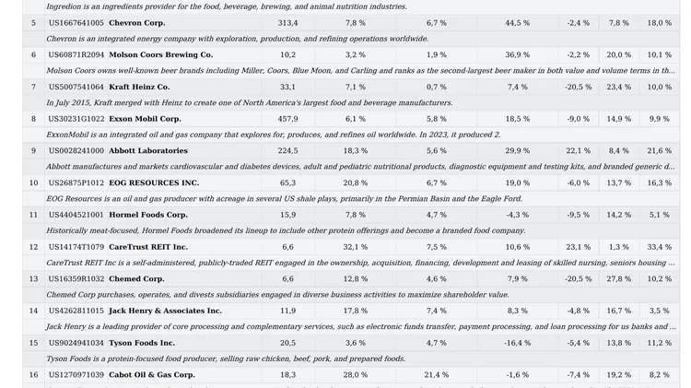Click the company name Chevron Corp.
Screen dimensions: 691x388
tap(137, 23)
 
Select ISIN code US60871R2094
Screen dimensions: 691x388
tap(76, 55)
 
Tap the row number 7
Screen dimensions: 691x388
tap(33, 87)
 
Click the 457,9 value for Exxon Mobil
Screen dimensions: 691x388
tap(287, 119)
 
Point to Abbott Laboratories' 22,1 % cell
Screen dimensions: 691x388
tap(579, 151)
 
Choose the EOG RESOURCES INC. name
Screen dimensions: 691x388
tap(154, 183)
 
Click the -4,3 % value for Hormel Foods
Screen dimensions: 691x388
tap(518, 215)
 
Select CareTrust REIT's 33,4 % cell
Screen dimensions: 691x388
tap(660, 247)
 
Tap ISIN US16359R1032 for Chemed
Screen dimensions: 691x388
tap(76, 279)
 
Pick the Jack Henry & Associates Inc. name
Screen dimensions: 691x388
tap(165, 311)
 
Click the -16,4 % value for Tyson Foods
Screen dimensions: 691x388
tap(518, 343)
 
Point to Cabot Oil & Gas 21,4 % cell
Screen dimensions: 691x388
tap(437, 375)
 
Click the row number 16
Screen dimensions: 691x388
tap(33, 375)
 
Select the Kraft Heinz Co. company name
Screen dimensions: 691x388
tap(139, 87)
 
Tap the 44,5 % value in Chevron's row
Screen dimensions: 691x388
tap(518, 23)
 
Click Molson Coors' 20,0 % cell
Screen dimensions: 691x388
tap(619, 55)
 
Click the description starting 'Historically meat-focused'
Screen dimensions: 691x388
tap(286, 230)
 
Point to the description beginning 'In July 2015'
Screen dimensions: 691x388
tap(250, 102)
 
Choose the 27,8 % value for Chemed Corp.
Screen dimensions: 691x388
tap(619, 279)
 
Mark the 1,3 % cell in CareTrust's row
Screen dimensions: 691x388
tap(619, 247)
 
